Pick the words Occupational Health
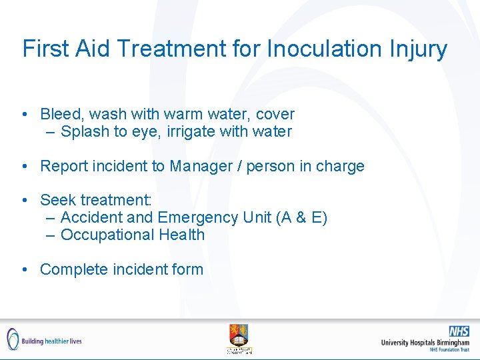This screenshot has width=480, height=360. coord(133,235)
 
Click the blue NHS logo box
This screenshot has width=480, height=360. coord(459,331)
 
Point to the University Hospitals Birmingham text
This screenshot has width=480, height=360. coord(425,342)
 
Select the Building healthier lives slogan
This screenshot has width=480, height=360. coord(52,341)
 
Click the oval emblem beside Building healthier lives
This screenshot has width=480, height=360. coord(12,339)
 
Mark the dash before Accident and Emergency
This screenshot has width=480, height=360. coord(51,218)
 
